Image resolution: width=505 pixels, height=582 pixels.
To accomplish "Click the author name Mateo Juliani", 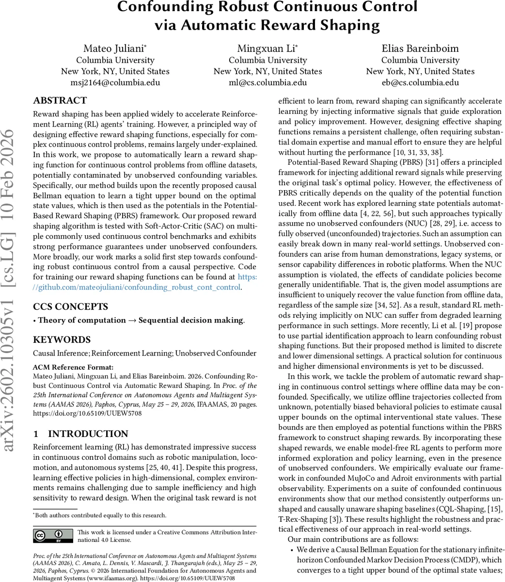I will click(114, 48).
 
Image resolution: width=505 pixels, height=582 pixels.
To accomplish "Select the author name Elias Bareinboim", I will click(420, 48).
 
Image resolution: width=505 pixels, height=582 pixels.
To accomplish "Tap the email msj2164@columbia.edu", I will click(115, 82).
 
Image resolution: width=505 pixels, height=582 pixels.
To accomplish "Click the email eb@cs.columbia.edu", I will click(420, 82).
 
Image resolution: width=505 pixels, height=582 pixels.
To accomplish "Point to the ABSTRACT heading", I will click(60, 101).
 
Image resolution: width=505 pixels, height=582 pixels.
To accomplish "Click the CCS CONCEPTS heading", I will click(71, 307).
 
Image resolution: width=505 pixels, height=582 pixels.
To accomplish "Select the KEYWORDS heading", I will click(62, 339).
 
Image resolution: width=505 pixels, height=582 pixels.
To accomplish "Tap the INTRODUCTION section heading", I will click(87, 434).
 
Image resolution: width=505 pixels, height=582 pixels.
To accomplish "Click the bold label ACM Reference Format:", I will click(73, 367).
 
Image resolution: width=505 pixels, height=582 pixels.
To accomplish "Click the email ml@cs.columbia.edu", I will click(268, 82).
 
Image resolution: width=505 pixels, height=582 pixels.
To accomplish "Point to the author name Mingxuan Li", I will click(267, 48).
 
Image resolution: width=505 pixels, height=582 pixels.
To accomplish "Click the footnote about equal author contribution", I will click(100, 516).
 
